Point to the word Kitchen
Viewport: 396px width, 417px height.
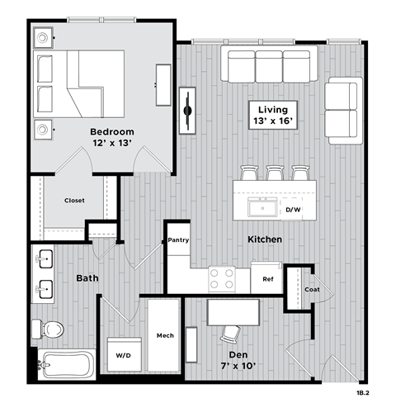pyautogui.click(x=265, y=239)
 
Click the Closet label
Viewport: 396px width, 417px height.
pyautogui.click(x=74, y=201)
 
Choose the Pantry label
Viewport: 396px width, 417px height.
pyautogui.click(x=179, y=240)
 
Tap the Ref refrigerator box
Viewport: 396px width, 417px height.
pyautogui.click(x=267, y=279)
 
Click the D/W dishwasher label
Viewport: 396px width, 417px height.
pyautogui.click(x=294, y=210)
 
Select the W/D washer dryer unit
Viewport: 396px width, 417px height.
pyautogui.click(x=123, y=356)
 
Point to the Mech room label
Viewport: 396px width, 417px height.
pyautogui.click(x=164, y=335)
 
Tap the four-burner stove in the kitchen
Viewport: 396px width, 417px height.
pyautogui.click(x=221, y=279)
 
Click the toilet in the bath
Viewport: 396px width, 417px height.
pyautogui.click(x=51, y=329)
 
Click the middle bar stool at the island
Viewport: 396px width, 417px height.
pyautogui.click(x=274, y=173)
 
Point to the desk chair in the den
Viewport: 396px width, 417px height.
pyautogui.click(x=230, y=332)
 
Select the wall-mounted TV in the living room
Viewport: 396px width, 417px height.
pyautogui.click(x=189, y=108)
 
